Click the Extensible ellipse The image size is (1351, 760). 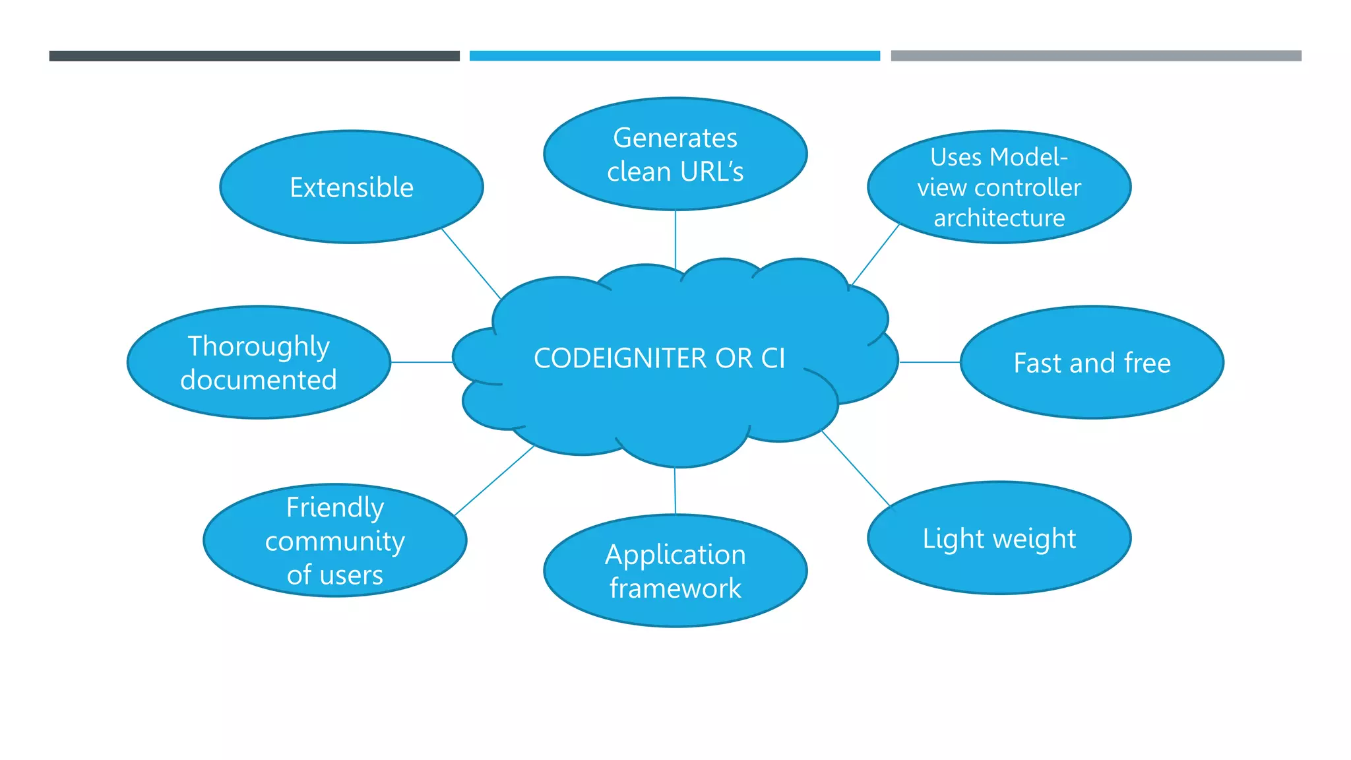coord(351,187)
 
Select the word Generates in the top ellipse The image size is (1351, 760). coord(675,138)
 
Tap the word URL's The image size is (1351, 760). coord(711,172)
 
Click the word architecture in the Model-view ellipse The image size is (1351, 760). coord(999,218)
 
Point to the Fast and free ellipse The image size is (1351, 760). coord(1092,363)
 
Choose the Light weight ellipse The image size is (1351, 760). coord(999,538)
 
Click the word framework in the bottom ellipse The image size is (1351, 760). coord(675,588)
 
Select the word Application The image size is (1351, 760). coord(675,554)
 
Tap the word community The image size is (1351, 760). coord(334,542)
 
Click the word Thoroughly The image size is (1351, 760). coord(259,346)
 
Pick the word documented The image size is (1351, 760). coord(259,380)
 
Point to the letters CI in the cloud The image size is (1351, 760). coord(772,358)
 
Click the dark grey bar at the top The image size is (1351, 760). coord(254,56)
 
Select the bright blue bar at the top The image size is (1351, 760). coord(674,56)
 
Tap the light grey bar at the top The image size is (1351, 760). coord(1096,56)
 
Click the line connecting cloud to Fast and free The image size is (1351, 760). coord(929,362)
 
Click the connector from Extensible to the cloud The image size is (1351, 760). coord(471,264)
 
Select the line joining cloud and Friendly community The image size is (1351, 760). coord(494,480)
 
